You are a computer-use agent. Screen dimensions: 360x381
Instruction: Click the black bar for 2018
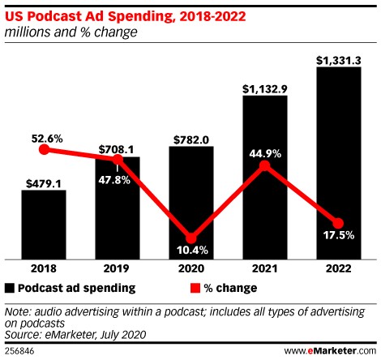point(44,224)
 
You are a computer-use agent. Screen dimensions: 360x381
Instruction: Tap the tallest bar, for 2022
point(338,162)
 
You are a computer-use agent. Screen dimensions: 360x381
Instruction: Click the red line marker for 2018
point(44,149)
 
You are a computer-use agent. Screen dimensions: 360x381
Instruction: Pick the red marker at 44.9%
point(264,165)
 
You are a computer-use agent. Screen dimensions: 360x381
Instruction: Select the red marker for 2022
point(338,224)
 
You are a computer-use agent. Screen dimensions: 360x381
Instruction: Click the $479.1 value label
point(44,182)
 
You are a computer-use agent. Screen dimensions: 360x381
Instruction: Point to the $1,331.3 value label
point(338,58)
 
